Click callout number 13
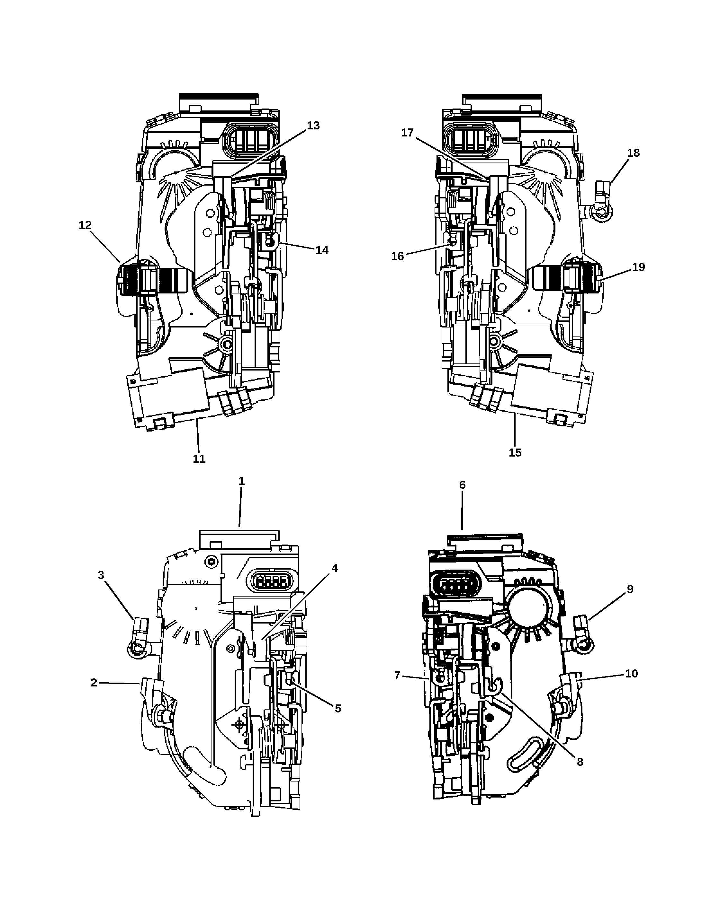pos(313,126)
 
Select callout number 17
pos(407,133)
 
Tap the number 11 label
pos(199,459)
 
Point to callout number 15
pos(515,452)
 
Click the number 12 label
pos(85,225)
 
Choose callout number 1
pos(241,481)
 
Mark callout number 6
pos(462,485)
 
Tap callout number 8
pos(580,762)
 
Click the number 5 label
pos(338,708)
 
